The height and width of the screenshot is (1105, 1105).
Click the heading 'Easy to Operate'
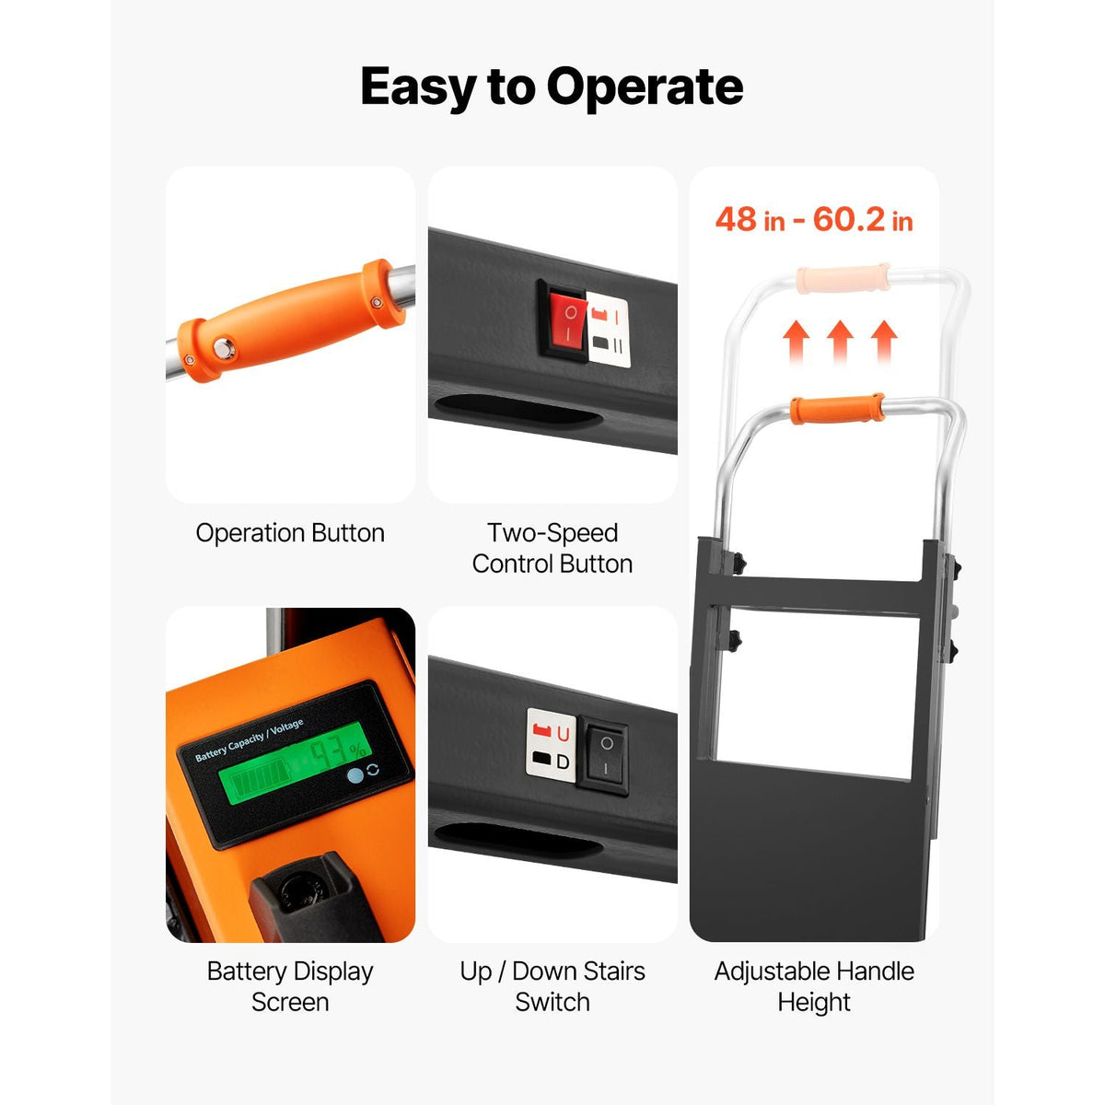tap(552, 87)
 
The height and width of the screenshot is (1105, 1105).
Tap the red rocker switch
tap(567, 320)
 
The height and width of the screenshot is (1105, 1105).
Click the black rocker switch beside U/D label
tap(604, 755)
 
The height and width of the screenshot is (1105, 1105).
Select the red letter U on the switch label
tap(563, 733)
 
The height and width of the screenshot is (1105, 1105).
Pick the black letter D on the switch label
tap(563, 762)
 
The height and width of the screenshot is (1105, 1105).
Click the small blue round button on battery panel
tap(355, 775)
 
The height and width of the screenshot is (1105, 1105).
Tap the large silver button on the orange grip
tap(223, 348)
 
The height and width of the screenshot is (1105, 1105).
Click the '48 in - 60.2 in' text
tap(814, 220)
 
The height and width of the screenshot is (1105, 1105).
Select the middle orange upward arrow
tap(840, 341)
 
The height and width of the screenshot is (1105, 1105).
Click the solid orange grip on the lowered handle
tap(837, 409)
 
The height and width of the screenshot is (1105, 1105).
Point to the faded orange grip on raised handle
tap(843, 278)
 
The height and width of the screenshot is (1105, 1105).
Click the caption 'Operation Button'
tap(290, 533)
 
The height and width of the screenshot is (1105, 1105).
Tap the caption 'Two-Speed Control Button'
tap(552, 548)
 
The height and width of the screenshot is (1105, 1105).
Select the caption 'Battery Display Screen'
tap(290, 986)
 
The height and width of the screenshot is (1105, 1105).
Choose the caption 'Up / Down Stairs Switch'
tap(552, 986)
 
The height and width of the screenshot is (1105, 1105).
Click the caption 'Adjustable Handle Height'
tap(814, 986)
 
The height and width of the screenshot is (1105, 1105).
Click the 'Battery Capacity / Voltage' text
tap(249, 739)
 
